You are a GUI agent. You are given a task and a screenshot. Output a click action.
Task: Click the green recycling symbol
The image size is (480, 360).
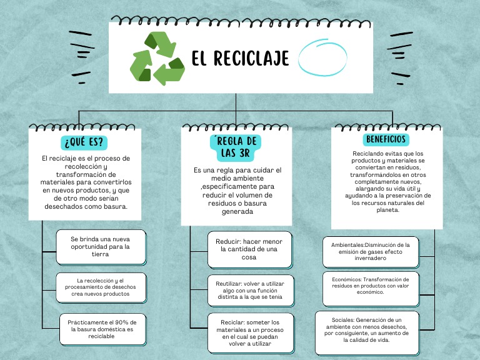(157, 59)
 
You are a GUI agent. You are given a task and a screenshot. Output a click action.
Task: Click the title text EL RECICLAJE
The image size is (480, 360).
(240, 59)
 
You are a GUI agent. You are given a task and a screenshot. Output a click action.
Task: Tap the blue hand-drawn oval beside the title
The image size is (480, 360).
(322, 58)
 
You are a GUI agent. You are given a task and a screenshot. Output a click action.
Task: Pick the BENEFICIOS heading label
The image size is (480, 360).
(386, 139)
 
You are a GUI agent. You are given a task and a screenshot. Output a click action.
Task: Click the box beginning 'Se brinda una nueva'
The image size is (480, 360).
(101, 246)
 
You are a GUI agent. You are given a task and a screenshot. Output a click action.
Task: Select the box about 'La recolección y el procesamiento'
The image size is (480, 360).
(101, 287)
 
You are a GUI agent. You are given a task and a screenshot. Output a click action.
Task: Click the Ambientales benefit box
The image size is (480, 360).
(371, 252)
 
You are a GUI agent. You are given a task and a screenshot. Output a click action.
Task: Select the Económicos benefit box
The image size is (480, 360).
(371, 286)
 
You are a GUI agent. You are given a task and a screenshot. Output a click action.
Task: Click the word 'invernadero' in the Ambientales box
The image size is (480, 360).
(371, 259)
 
